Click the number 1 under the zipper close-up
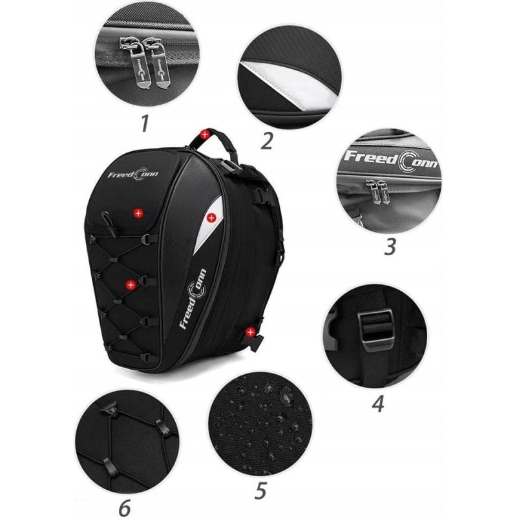click(144, 123)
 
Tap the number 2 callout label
click(266, 140)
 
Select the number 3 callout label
click(390, 246)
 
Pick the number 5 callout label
click(260, 491)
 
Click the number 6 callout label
click(124, 508)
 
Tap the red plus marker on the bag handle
click(205, 134)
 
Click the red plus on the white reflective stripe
click(211, 217)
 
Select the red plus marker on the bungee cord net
click(131, 285)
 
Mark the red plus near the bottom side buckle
click(251, 332)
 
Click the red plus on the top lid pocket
click(138, 213)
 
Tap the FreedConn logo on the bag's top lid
click(133, 174)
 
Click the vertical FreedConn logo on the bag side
click(193, 299)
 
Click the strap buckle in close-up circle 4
click(376, 331)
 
